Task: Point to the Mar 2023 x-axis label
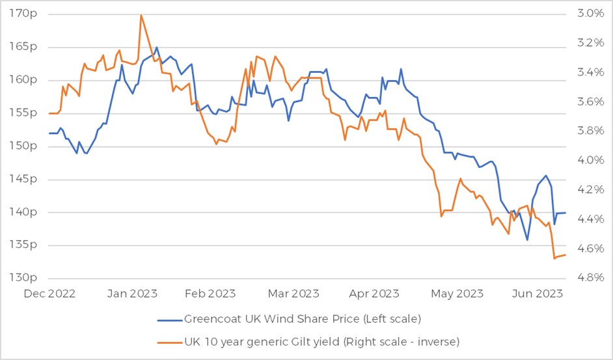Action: pyautogui.click(x=296, y=294)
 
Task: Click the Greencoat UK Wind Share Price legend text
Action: pyautogui.click(x=303, y=319)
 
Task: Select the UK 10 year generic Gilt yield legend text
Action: pyautogui.click(x=322, y=340)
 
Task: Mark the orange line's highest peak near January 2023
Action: pyautogui.click(x=141, y=15)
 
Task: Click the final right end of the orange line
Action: pyautogui.click(x=565, y=255)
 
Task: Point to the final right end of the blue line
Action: pyautogui.click(x=565, y=213)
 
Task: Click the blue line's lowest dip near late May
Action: pyautogui.click(x=527, y=240)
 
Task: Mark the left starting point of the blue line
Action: pyautogui.click(x=49, y=133)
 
